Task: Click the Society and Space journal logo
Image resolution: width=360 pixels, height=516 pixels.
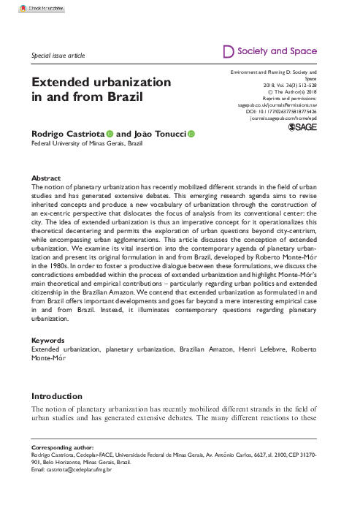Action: [x=269, y=52]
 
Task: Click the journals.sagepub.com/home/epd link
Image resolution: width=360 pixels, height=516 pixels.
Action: [x=283, y=117]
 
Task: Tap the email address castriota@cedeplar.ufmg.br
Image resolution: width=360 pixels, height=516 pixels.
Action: [x=75, y=468]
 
